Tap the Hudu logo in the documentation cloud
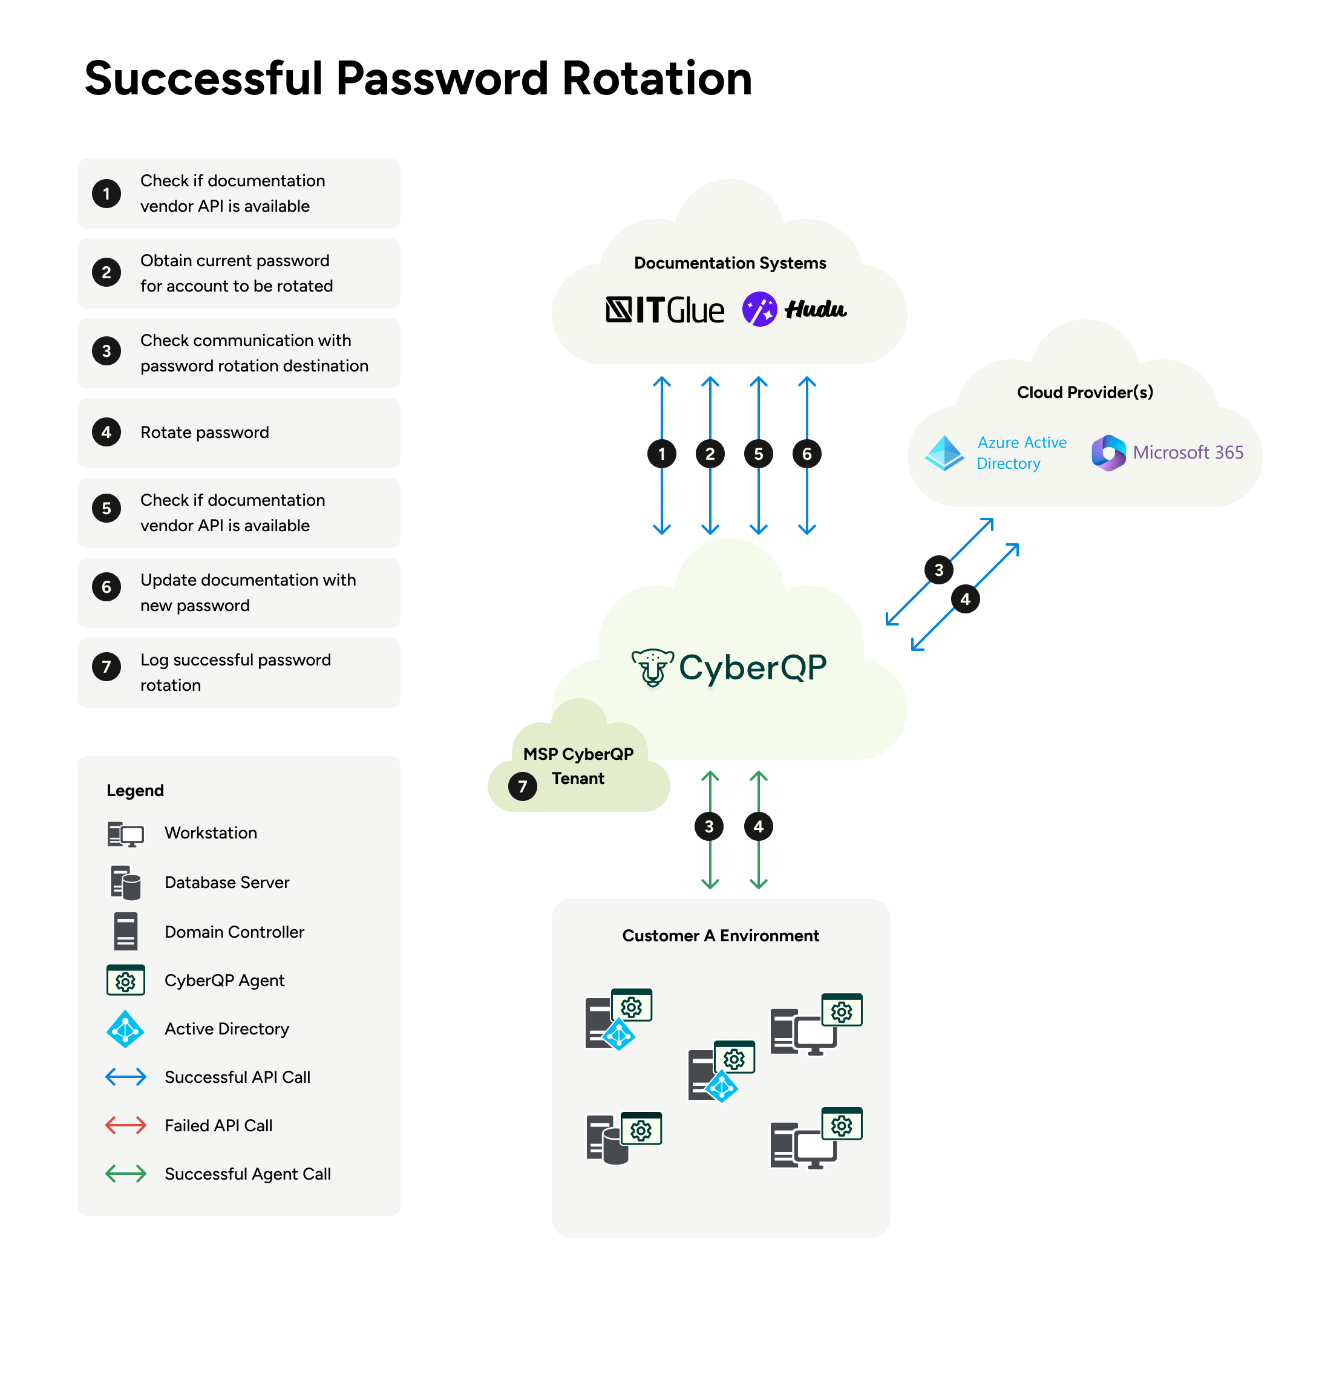coord(794,309)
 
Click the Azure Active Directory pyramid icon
coord(944,452)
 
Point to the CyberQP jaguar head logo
coord(652,667)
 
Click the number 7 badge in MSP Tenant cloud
coord(523,786)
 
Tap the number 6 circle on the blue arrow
coord(806,454)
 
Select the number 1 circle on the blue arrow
coord(662,454)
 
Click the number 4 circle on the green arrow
coord(759,826)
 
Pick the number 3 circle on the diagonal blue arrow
coord(938,570)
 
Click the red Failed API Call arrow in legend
coord(126,1125)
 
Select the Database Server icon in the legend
coord(126,883)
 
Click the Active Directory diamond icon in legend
coord(125,1029)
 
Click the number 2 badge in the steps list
coord(106,273)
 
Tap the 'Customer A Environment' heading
coord(721,936)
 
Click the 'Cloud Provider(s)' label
coord(1085,393)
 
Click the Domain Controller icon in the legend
coord(126,931)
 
